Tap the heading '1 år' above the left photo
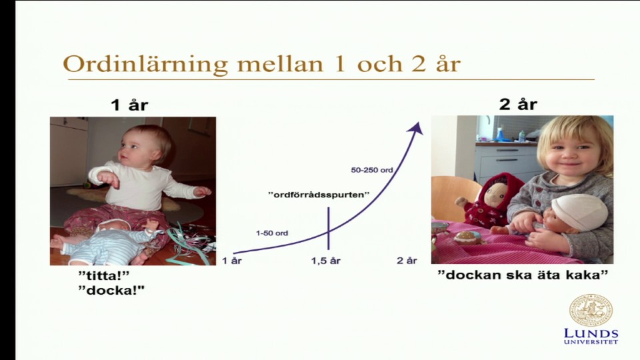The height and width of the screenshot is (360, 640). (x=129, y=105)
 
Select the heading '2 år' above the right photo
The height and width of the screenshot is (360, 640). (x=518, y=104)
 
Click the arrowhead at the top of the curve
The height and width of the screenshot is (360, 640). (x=415, y=128)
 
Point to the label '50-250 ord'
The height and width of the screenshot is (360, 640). (x=372, y=170)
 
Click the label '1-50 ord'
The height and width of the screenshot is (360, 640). (x=272, y=233)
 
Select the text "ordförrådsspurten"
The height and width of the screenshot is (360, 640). (x=319, y=195)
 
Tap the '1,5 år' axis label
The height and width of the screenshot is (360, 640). (x=326, y=261)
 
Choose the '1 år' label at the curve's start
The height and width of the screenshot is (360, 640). (x=232, y=261)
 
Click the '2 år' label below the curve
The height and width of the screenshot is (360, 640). (x=407, y=261)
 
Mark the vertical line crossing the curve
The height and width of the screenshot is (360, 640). (x=329, y=228)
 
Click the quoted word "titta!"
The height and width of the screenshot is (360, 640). (x=104, y=275)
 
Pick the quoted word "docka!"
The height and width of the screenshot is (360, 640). (x=111, y=291)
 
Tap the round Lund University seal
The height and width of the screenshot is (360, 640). (x=591, y=310)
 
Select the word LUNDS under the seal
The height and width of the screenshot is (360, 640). (x=591, y=333)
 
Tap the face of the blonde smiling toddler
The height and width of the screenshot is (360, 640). (x=574, y=155)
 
